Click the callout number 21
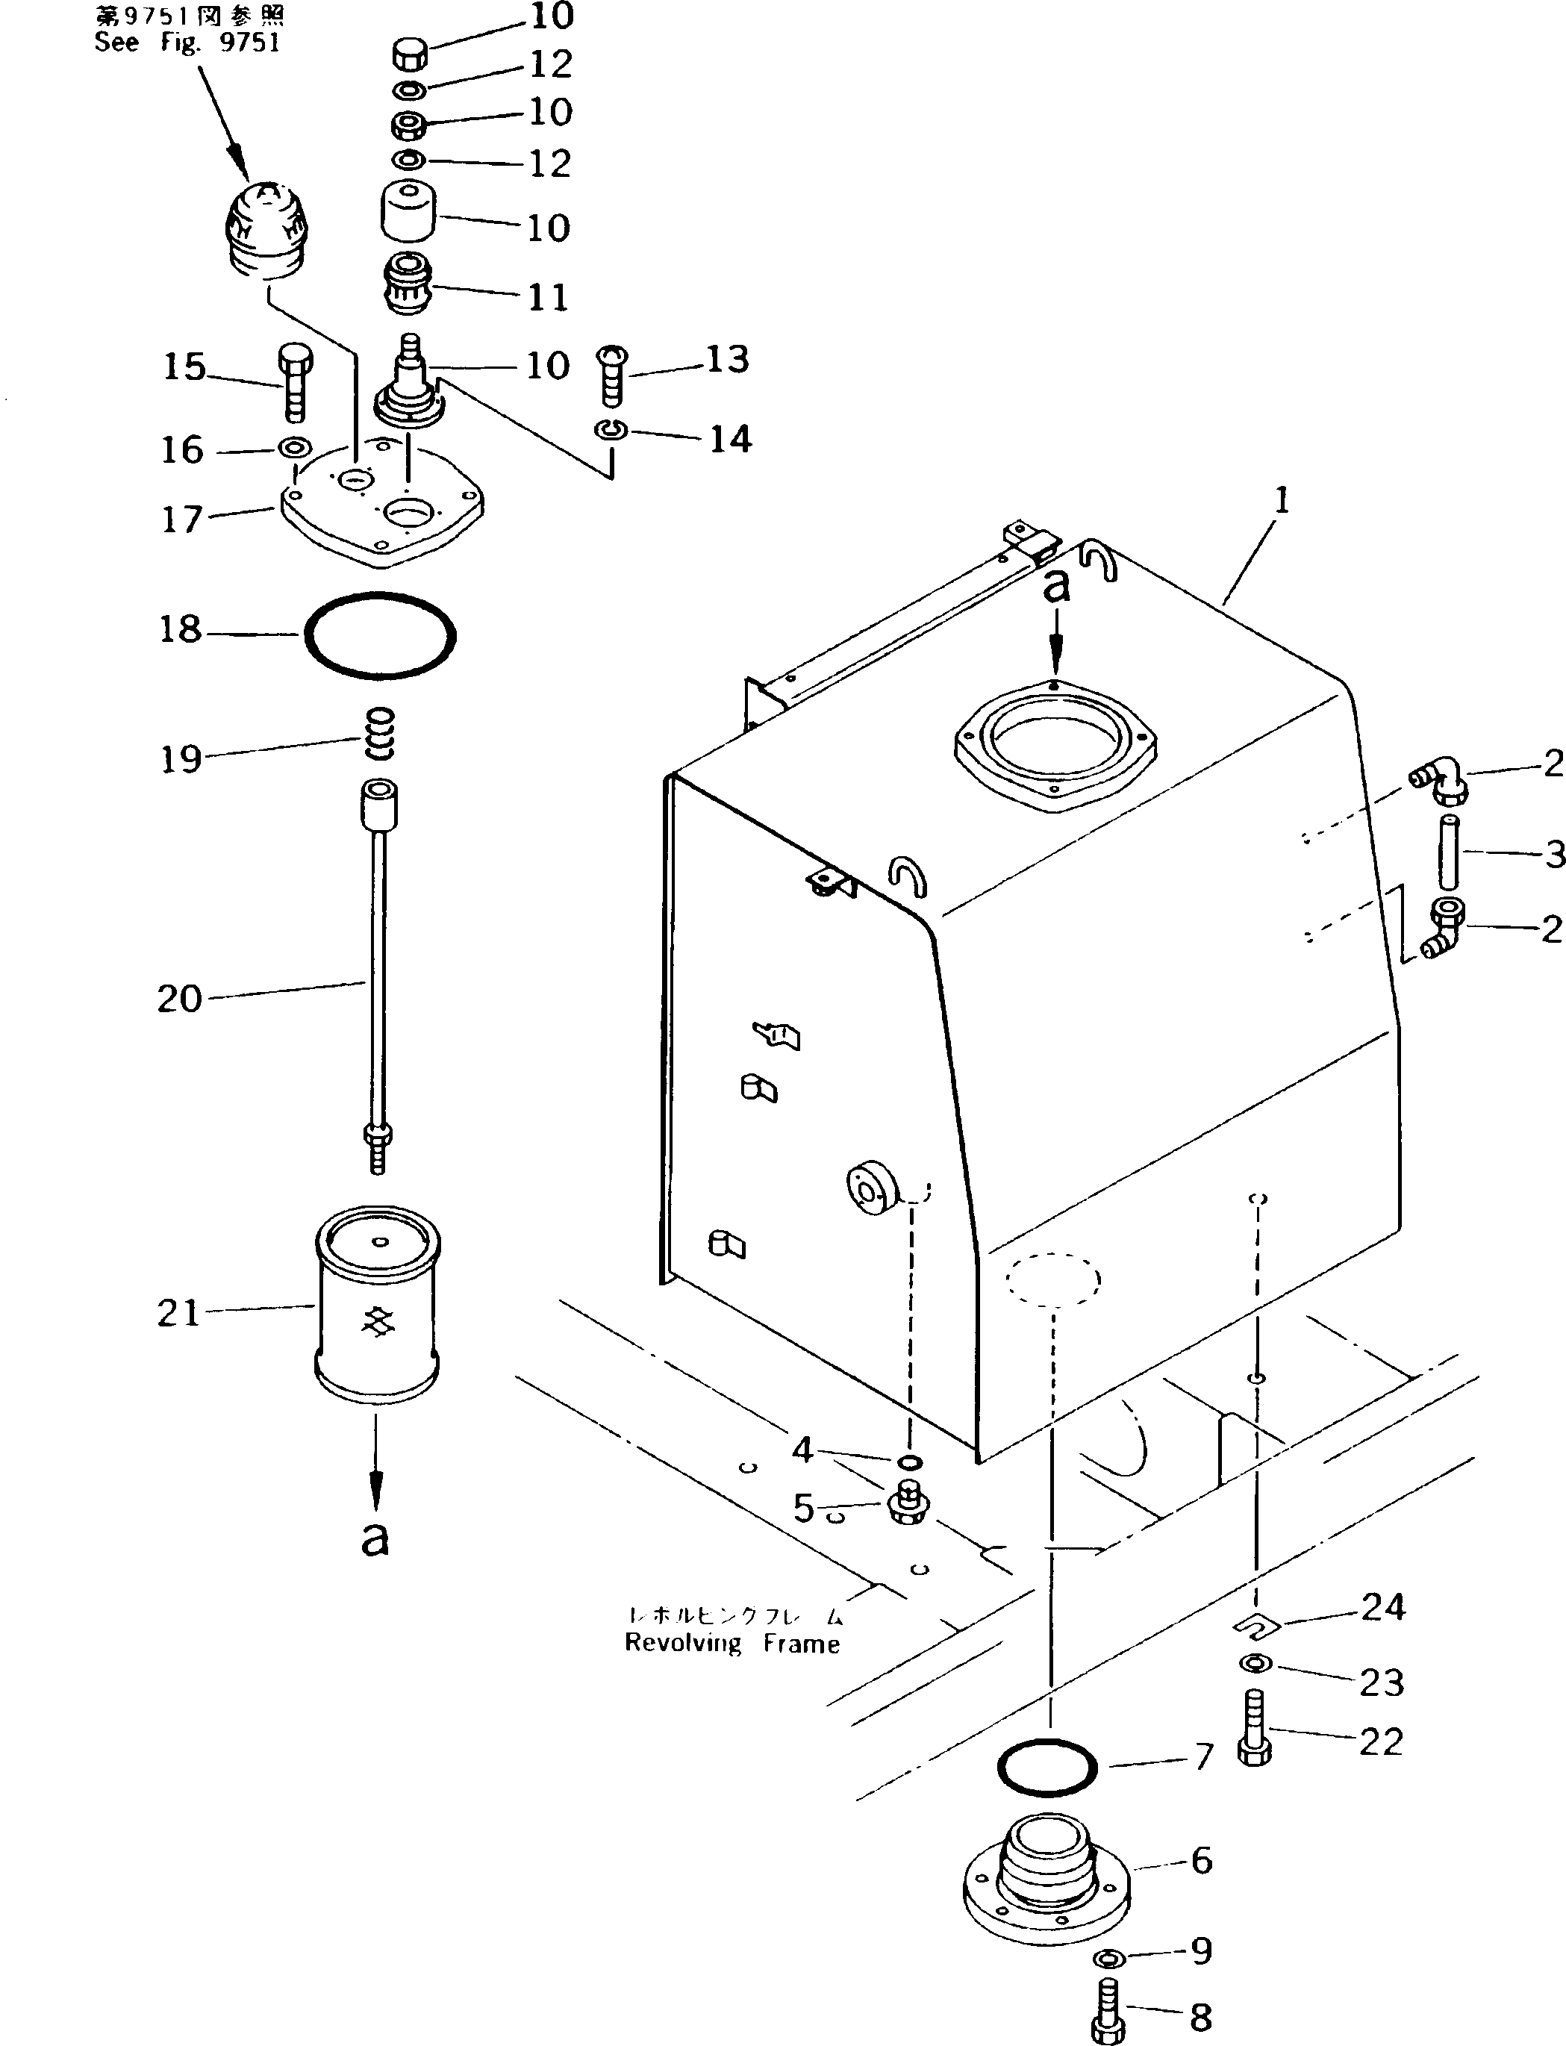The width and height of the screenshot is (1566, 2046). pyautogui.click(x=179, y=1313)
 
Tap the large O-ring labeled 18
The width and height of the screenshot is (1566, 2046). pyautogui.click(x=381, y=636)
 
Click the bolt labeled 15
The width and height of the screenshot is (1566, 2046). pyautogui.click(x=295, y=382)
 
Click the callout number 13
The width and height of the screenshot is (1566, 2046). pyautogui.click(x=727, y=360)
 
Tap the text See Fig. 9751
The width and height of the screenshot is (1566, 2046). pyautogui.click(x=187, y=43)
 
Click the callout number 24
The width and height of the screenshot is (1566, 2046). pyautogui.click(x=1382, y=1608)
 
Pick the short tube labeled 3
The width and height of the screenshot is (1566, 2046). pyautogui.click(x=1447, y=852)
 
